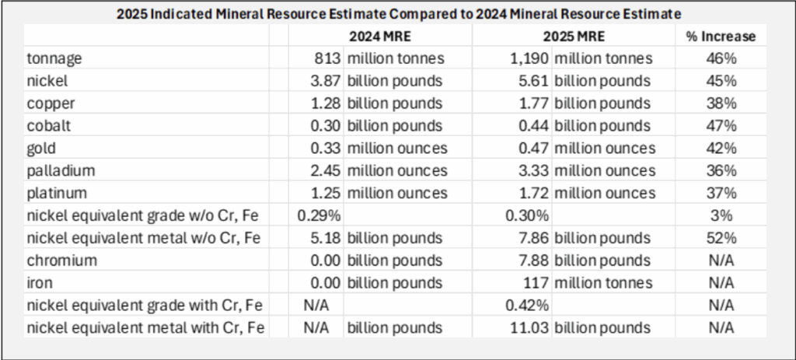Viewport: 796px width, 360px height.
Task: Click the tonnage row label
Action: click(52, 59)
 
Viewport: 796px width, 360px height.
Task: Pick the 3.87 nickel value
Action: click(326, 82)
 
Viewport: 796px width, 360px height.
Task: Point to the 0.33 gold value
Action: click(326, 149)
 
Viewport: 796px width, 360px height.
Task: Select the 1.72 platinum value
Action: click(533, 194)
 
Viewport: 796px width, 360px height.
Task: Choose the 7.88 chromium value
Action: click(533, 260)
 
